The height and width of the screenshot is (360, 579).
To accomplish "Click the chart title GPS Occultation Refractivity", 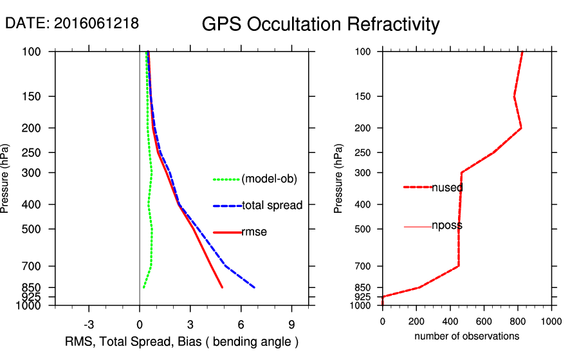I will click(x=320, y=24).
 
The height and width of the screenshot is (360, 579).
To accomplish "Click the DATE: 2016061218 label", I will click(x=72, y=24).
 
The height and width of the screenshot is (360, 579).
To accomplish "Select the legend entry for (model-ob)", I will click(x=269, y=179).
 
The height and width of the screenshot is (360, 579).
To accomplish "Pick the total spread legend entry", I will click(x=272, y=206).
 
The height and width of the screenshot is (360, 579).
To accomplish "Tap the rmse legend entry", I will click(x=254, y=232).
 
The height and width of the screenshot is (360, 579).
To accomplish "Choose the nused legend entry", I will click(x=447, y=188).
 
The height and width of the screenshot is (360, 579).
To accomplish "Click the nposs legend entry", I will click(x=447, y=226).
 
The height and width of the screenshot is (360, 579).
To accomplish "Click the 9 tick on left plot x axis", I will click(x=292, y=323).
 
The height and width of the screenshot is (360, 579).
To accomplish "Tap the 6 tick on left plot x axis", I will click(x=241, y=323).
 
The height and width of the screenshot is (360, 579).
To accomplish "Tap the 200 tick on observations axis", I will click(x=416, y=321).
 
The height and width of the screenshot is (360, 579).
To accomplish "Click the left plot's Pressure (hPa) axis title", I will click(x=5, y=178).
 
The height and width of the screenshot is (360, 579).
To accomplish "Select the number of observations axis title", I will click(x=466, y=336).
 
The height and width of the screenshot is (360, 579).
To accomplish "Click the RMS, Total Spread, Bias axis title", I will click(x=182, y=341).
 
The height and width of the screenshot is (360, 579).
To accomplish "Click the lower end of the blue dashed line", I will click(x=255, y=287).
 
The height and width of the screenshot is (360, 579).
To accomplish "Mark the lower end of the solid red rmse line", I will click(x=223, y=287).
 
